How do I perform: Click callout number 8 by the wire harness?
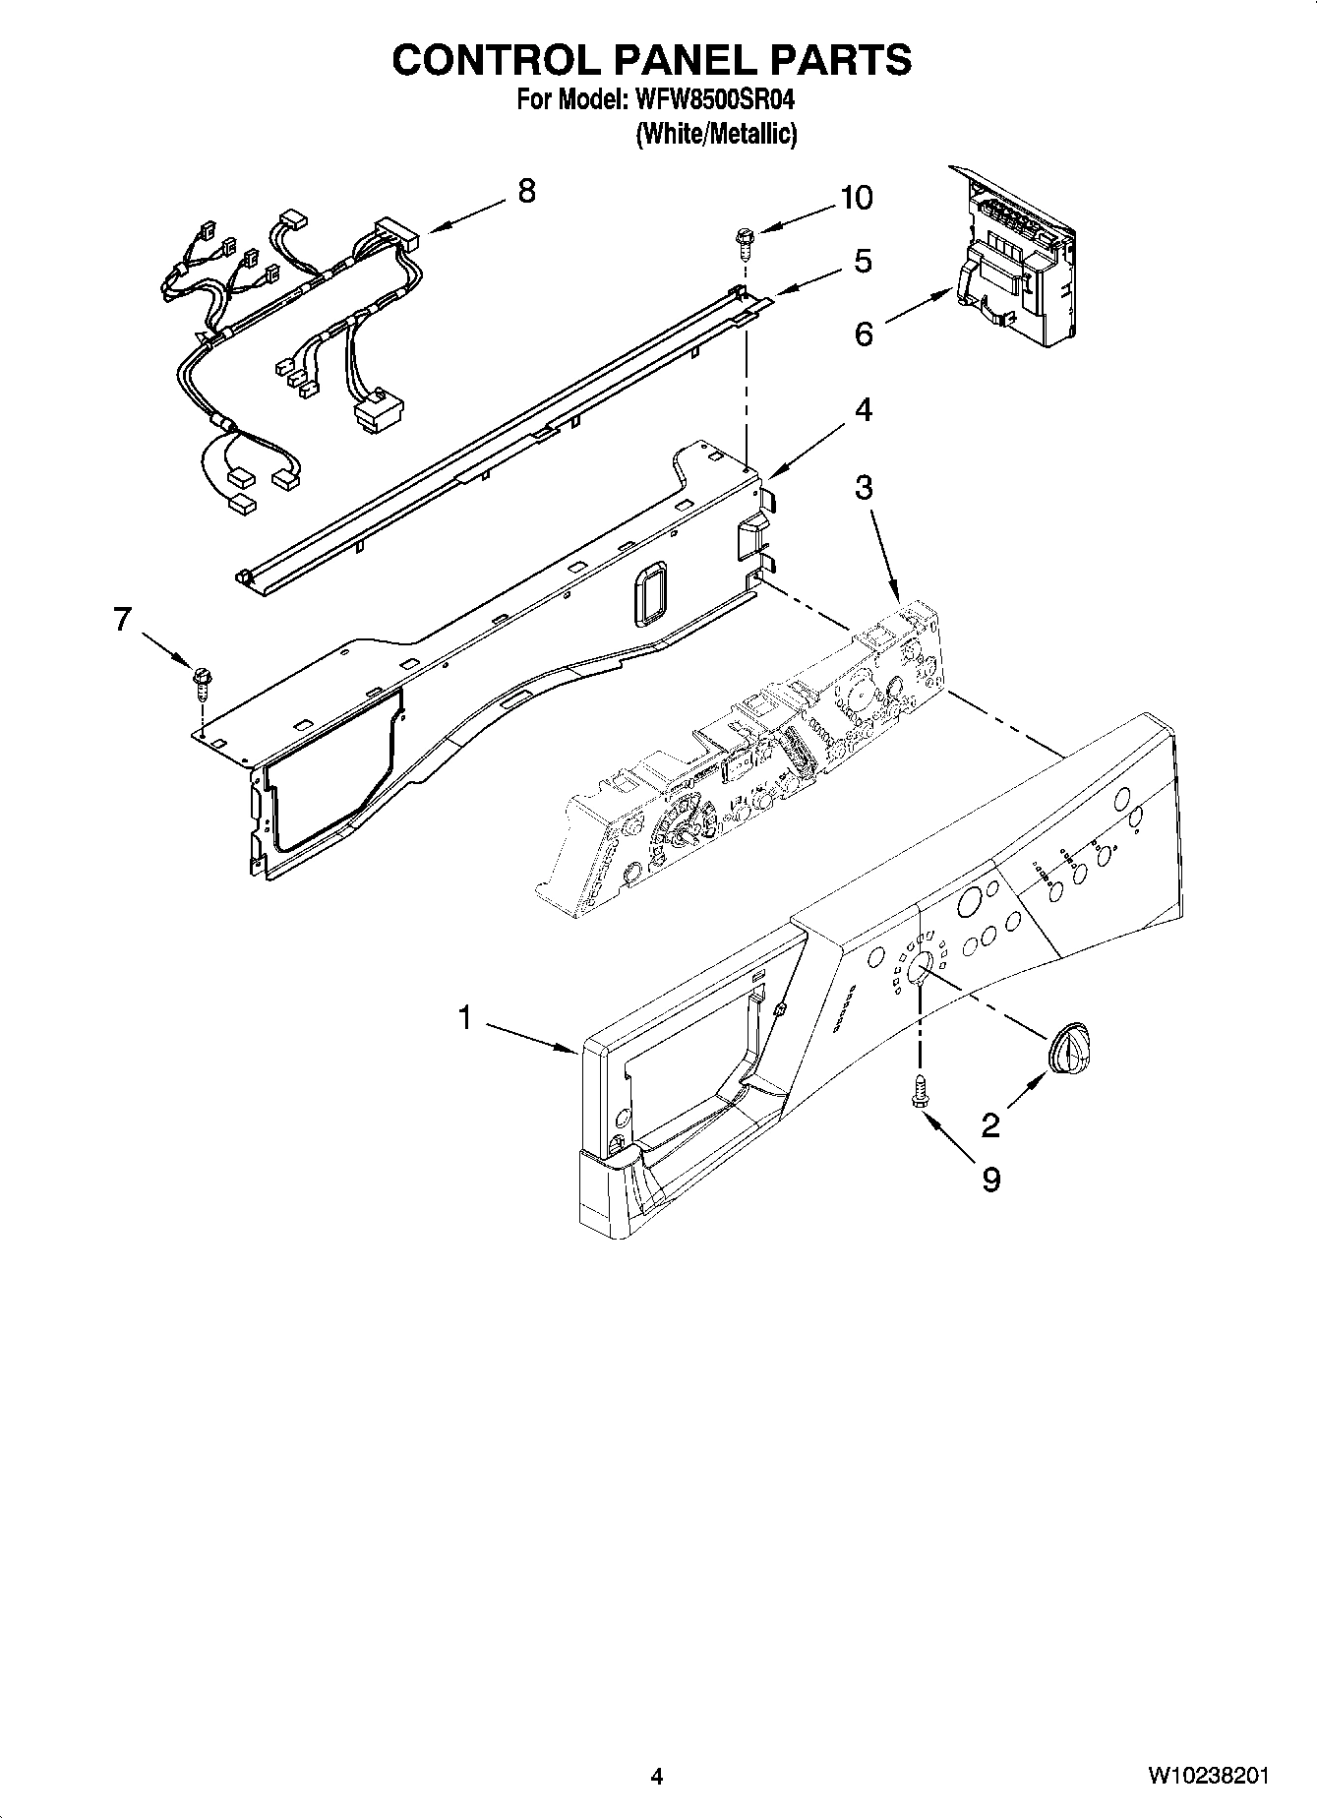point(526,191)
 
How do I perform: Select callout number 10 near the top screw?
point(856,198)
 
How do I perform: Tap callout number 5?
point(863,261)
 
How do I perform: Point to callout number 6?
point(863,334)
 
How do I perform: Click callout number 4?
point(863,409)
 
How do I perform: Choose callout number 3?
point(863,487)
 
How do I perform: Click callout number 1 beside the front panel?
point(465,1018)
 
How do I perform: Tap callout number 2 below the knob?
point(989,1124)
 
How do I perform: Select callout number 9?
point(990,1179)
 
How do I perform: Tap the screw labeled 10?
point(745,237)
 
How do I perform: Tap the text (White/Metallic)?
point(715,135)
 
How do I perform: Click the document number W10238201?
point(1207,1776)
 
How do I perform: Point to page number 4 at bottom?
point(656,1776)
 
